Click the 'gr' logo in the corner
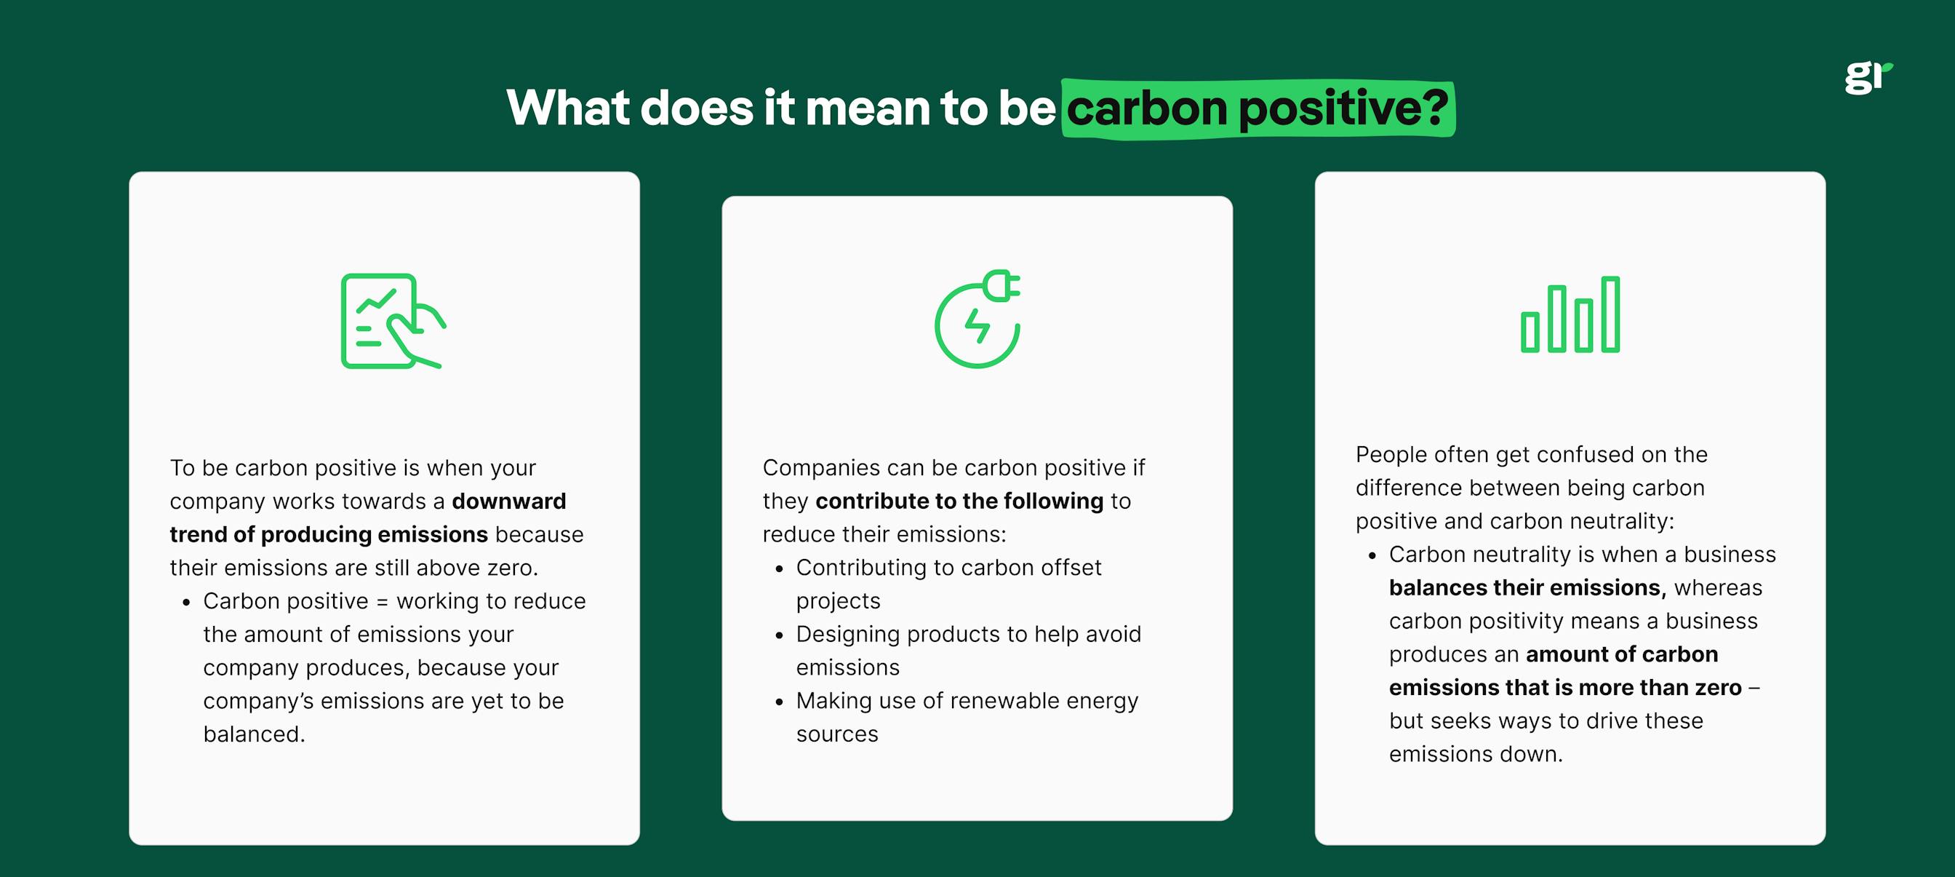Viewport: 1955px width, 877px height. click(x=1868, y=76)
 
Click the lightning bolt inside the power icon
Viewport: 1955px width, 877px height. click(x=978, y=327)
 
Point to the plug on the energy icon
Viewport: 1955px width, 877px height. click(x=1001, y=285)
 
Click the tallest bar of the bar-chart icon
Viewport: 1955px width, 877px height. click(x=1610, y=314)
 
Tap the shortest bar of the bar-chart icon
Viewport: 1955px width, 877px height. click(x=1530, y=332)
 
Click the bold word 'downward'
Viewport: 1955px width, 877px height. click(x=508, y=501)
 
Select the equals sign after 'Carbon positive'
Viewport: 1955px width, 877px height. click(x=382, y=601)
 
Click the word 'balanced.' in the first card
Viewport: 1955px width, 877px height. click(x=254, y=734)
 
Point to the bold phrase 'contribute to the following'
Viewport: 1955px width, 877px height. click(x=959, y=501)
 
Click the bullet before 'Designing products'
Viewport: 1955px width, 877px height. click(x=779, y=635)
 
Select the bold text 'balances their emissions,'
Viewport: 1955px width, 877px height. click(x=1528, y=588)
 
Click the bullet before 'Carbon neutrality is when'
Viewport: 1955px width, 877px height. click(x=1372, y=556)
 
